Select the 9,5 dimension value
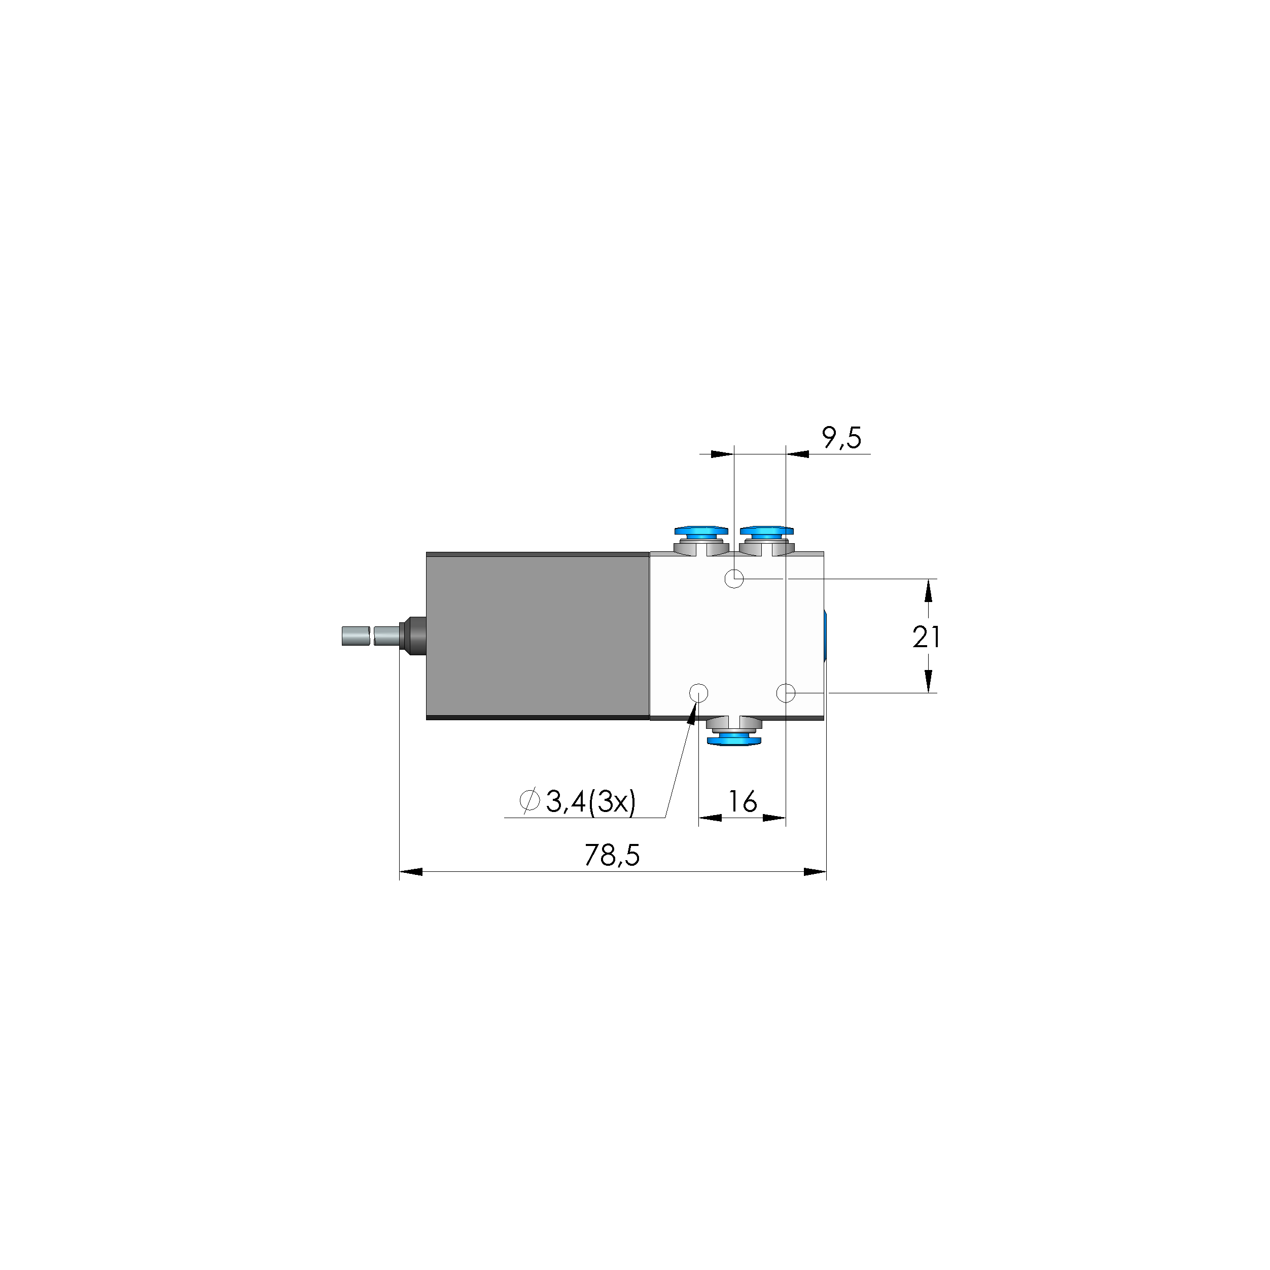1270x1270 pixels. (841, 438)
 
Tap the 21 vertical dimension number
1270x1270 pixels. (926, 637)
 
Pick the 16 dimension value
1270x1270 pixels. (742, 801)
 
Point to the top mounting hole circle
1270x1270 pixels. (733, 579)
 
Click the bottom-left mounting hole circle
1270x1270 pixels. (698, 693)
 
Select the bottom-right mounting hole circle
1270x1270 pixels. (786, 693)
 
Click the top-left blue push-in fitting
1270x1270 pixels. (701, 531)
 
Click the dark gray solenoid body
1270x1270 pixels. (538, 636)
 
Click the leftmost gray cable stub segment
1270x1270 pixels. (355, 637)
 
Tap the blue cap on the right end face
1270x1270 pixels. (826, 636)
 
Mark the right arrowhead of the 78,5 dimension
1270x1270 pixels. (815, 872)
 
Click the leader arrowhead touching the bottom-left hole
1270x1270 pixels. (691, 715)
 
